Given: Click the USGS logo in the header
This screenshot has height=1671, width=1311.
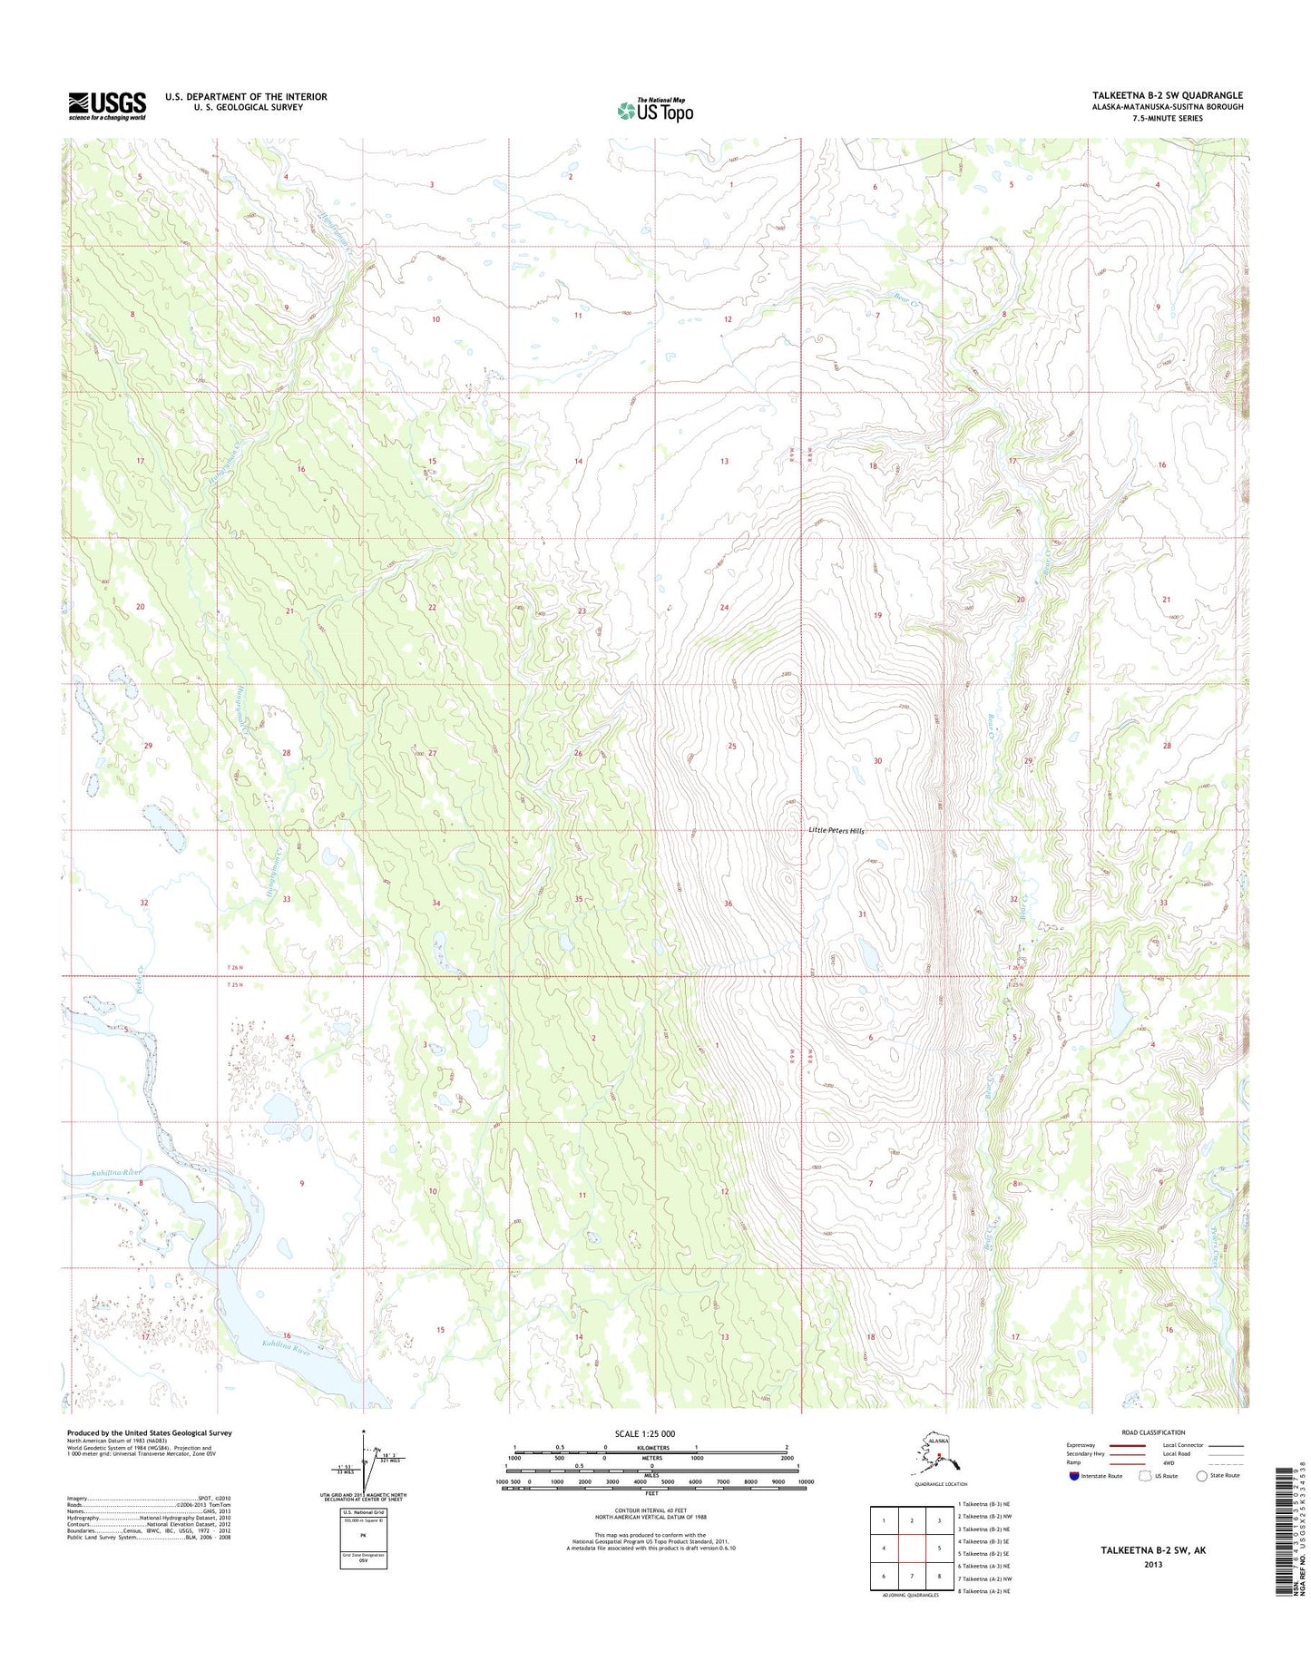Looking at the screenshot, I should pos(107,106).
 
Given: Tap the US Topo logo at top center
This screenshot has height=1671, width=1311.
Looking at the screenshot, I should pos(655,111).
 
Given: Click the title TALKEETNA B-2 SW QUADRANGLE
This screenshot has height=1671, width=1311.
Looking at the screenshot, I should pos(1168,95).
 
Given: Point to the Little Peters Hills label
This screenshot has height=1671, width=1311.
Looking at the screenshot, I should pos(836,831).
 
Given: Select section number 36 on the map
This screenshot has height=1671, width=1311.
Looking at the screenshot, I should pos(728,904).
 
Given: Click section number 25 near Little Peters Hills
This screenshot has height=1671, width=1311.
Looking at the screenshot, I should pos(731,747).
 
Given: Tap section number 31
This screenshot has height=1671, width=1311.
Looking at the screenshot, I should pos(862,914).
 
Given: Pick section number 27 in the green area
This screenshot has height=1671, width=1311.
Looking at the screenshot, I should pos(433,754).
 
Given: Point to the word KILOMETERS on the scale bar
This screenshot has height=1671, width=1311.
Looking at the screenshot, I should pos(651,1448).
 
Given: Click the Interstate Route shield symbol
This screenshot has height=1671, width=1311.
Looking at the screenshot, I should pos(1074,1476).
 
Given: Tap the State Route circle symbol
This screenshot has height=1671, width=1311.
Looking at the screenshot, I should pos(1202,1476).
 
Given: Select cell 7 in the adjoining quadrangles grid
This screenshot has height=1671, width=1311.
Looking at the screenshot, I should pos(912,1576).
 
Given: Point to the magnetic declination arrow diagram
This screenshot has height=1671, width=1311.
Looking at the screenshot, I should pos(366,1462).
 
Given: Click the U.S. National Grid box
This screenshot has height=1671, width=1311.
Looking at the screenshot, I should pos(363,1539).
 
